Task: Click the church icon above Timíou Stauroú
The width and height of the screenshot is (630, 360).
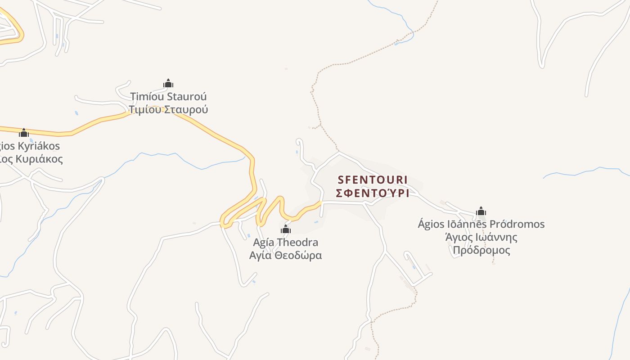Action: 168,83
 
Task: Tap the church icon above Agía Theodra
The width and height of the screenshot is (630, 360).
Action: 286,229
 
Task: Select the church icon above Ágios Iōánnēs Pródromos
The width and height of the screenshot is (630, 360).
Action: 481,211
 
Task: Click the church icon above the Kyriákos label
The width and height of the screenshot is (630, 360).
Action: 24,133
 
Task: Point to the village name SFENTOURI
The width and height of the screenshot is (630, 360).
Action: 373,180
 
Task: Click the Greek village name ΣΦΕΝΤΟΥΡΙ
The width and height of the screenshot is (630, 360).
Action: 373,193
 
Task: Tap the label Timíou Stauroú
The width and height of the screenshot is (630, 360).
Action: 168,97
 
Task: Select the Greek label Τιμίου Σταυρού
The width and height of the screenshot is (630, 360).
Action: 168,109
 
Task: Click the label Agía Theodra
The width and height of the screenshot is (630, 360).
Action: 286,243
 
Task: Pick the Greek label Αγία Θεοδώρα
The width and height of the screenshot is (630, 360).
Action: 286,256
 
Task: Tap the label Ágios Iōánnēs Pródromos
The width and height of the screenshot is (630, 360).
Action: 481,224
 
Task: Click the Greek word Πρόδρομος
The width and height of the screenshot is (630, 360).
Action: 481,250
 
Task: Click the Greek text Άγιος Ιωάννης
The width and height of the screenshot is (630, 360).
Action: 481,237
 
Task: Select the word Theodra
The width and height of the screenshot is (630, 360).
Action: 297,243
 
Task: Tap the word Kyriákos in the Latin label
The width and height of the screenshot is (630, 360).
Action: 38,146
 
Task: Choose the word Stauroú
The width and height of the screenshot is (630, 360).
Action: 187,97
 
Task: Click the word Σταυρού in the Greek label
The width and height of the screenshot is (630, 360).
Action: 185,109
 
